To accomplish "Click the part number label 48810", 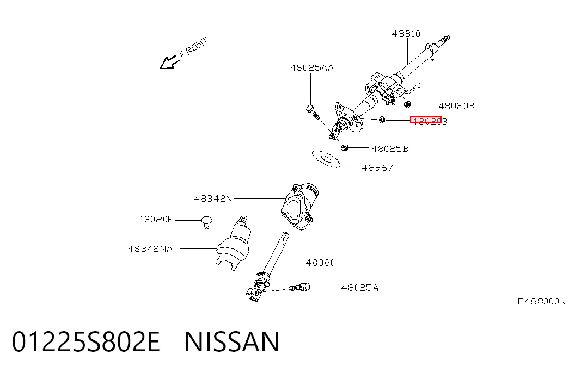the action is (x=406, y=34).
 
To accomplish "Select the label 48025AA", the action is (x=311, y=68).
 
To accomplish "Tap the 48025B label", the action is (x=390, y=148).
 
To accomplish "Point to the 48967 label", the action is (x=377, y=167).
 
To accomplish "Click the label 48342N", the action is (x=213, y=198).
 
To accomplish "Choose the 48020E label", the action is (x=156, y=219).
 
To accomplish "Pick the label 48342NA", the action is (x=150, y=249).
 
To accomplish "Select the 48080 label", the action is (x=320, y=263).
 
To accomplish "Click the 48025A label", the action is (x=359, y=288).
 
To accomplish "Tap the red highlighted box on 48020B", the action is (x=426, y=120).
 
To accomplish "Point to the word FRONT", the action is (x=194, y=47).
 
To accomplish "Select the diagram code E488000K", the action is (x=541, y=301).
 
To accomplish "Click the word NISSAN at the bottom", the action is (x=233, y=341).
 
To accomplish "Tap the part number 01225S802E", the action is (x=86, y=341).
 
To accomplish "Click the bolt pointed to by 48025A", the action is (x=299, y=288).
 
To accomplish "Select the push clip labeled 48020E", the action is (x=207, y=222).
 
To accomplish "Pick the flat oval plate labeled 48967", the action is (x=326, y=159).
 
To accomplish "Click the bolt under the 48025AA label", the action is (x=313, y=111).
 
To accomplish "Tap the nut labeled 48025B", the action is (x=344, y=147).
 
